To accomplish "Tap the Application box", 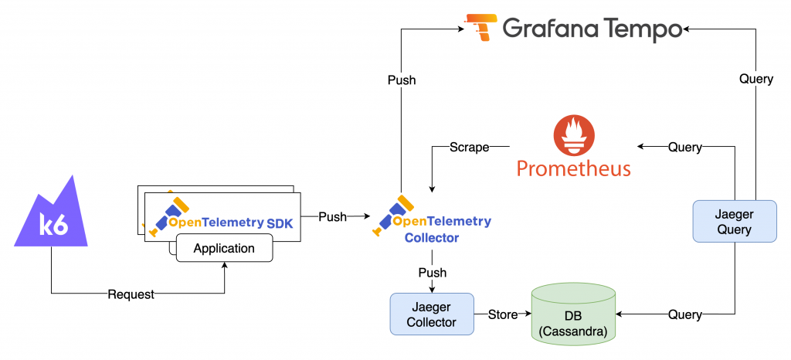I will click(x=224, y=249).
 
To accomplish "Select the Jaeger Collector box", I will click(x=432, y=314).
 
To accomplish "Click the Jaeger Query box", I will click(x=734, y=221).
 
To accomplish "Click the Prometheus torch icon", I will click(x=573, y=136).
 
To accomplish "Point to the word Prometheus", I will click(x=573, y=168).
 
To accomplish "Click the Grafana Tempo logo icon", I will click(x=481, y=26).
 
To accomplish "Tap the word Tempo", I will click(x=640, y=29).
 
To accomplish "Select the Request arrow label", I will click(x=131, y=294).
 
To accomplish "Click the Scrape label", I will click(x=469, y=147).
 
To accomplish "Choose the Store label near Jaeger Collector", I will click(x=502, y=314).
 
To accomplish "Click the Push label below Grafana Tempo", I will click(x=402, y=80).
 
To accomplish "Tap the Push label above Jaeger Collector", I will click(x=432, y=273).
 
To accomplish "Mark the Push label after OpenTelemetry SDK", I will click(x=332, y=217).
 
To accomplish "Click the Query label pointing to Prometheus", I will click(x=684, y=147).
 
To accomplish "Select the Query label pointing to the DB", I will click(x=684, y=314).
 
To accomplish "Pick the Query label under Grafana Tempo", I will click(x=755, y=79).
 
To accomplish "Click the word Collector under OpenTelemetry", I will click(x=432, y=238).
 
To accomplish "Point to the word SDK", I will click(x=281, y=222).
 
